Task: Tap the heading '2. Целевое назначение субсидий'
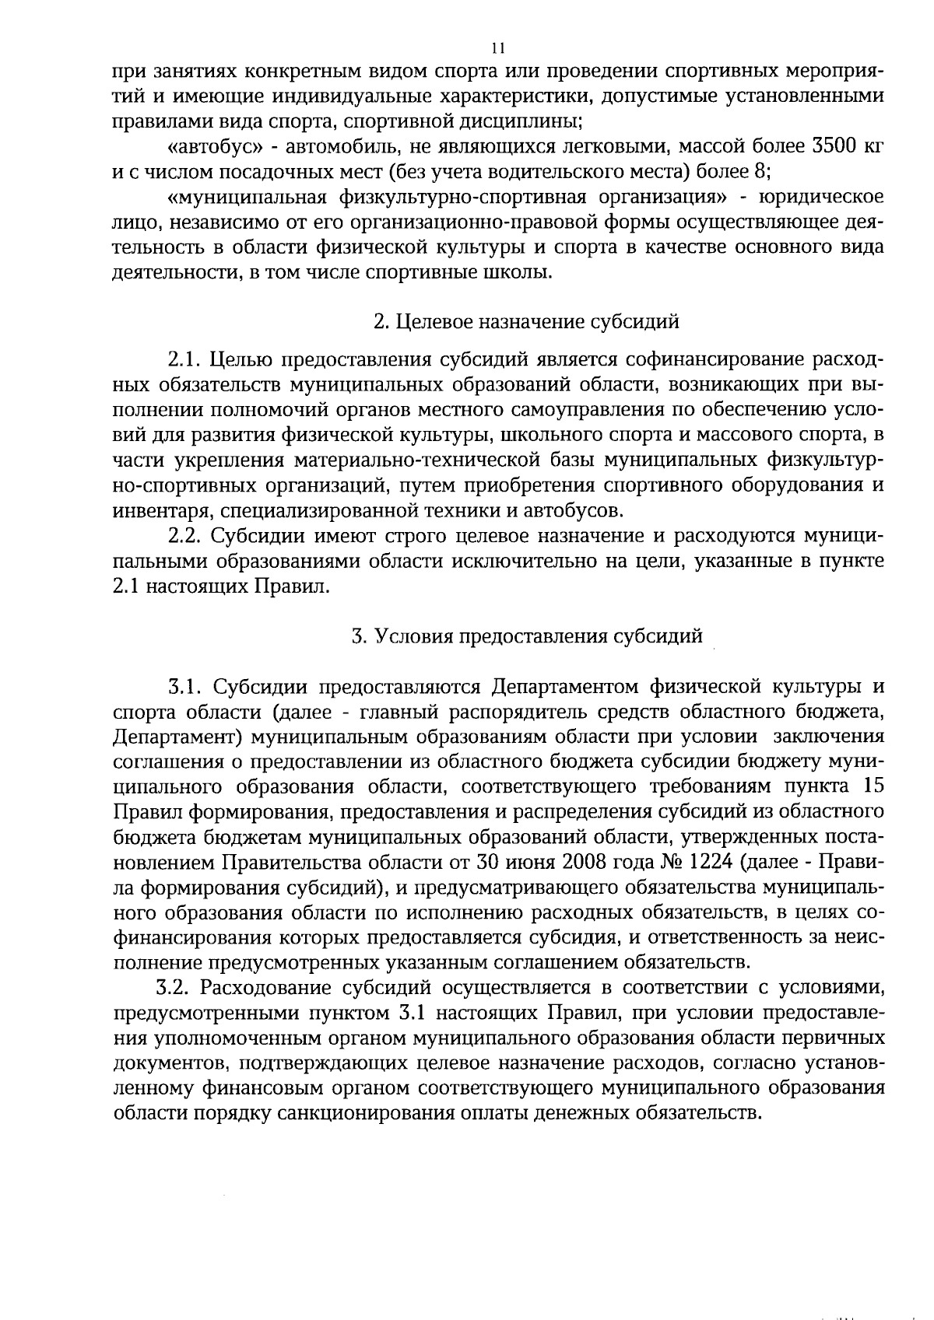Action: [x=527, y=321]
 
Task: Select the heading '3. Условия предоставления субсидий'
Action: [x=527, y=637]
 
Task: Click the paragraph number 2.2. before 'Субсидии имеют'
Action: [x=185, y=537]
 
